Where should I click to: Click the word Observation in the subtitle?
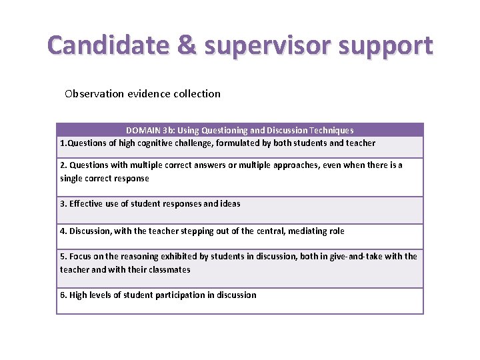click(x=94, y=93)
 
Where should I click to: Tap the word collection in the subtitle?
click(x=197, y=93)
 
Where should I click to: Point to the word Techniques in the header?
click(x=331, y=130)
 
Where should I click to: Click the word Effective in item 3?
click(x=88, y=203)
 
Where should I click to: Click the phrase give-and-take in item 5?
click(x=355, y=256)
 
